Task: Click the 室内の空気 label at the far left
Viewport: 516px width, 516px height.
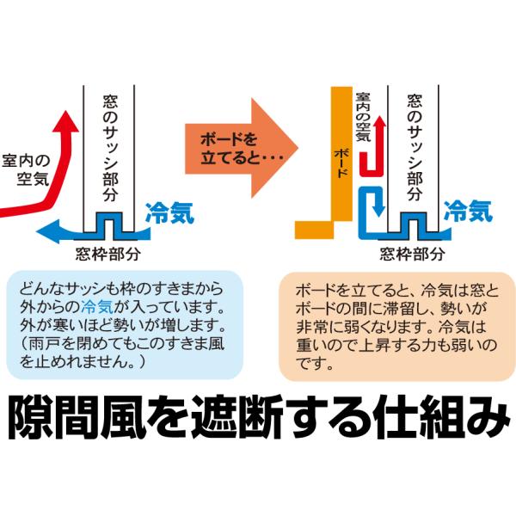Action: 26,169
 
